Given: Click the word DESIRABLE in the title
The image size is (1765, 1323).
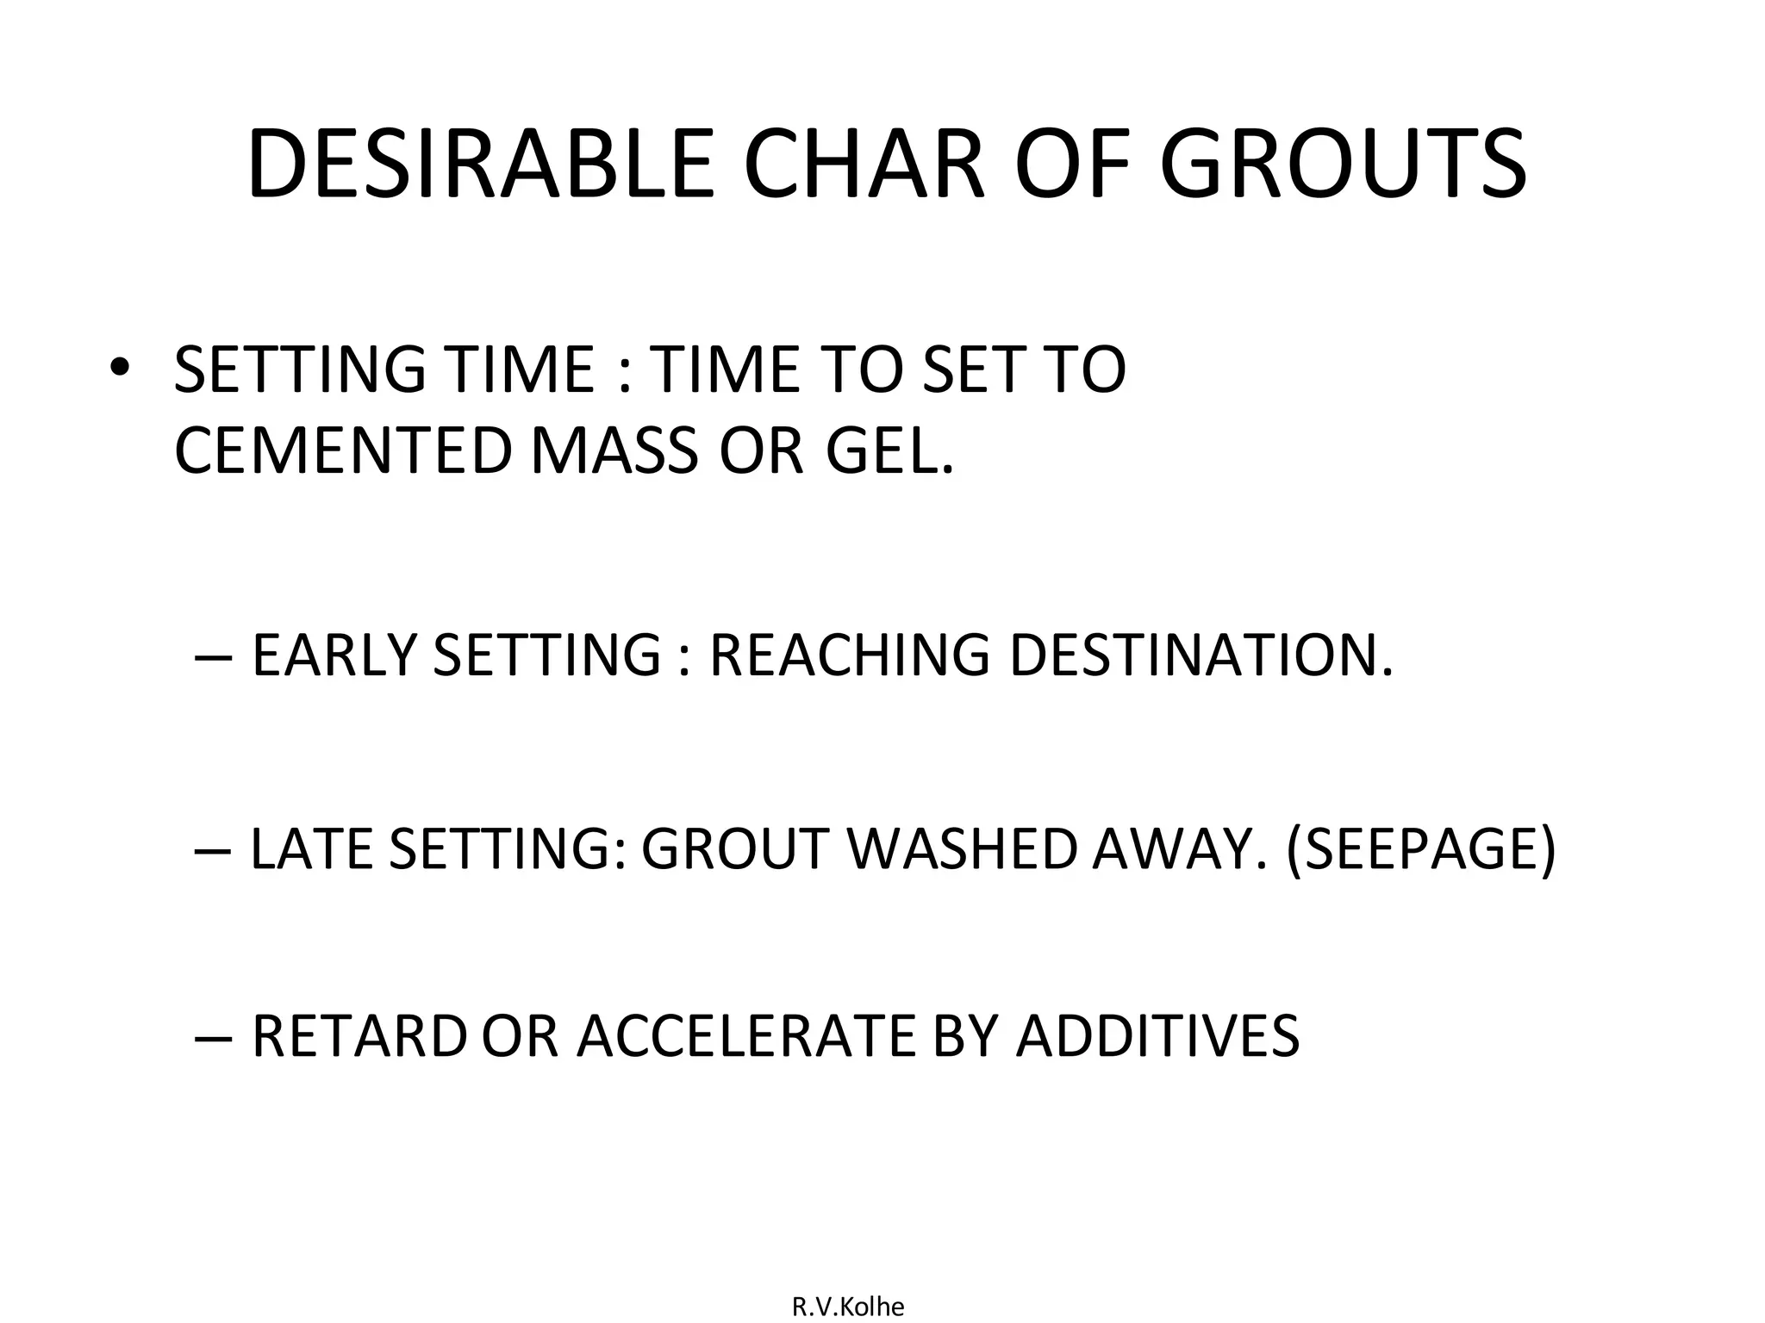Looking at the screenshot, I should coord(480,165).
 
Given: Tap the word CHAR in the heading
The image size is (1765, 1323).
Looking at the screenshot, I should coord(863,165).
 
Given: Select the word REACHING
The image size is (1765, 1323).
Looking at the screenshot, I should coord(849,655).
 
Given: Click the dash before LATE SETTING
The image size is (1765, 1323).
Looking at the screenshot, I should coord(213,850).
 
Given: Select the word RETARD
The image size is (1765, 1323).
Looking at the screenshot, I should coord(359,1035).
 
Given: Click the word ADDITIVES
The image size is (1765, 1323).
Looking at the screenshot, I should coord(1157,1035).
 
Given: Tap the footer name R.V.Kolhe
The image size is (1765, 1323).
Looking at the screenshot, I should coord(848,1307).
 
